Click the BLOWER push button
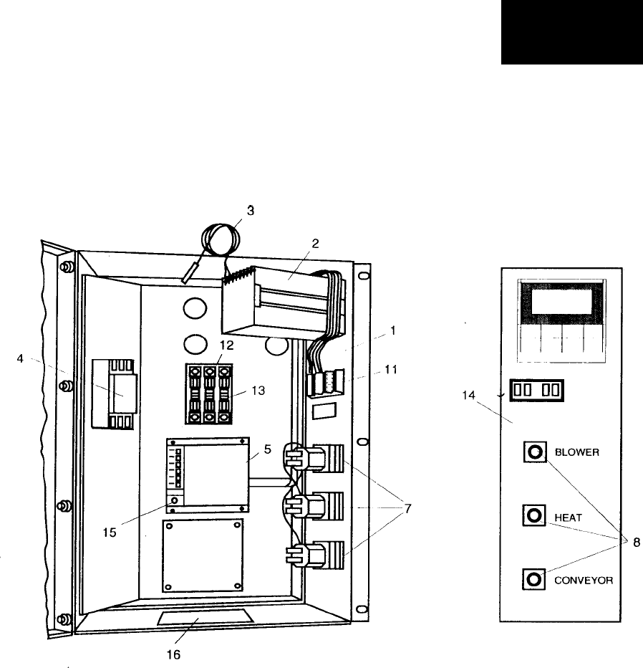[533, 453]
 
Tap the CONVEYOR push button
[533, 578]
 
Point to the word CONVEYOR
[584, 579]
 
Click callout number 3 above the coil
[250, 211]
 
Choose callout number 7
[406, 510]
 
